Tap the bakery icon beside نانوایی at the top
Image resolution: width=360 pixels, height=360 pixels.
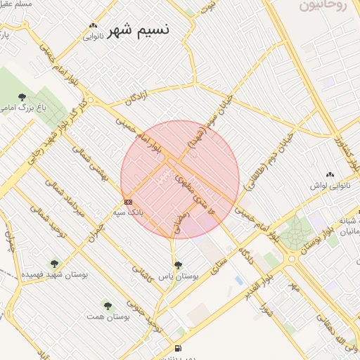coord(93,26)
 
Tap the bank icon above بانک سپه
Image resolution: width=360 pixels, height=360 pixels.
coord(128,202)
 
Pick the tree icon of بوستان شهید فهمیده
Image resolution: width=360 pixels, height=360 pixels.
coord(54,264)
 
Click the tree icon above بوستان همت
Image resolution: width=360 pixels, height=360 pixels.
coord(107,306)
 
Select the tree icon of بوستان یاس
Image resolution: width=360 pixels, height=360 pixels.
coord(178,265)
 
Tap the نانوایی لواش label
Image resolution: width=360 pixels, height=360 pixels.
coord(327,186)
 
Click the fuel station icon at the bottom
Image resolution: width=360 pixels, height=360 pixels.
coord(177,348)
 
